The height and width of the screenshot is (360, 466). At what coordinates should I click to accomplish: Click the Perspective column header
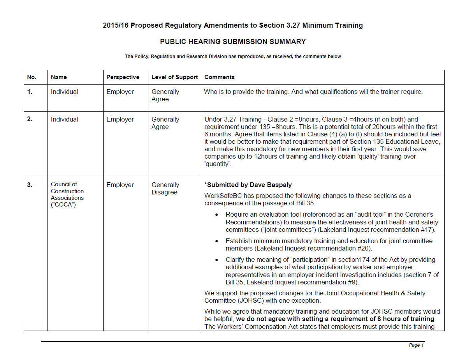click(123, 77)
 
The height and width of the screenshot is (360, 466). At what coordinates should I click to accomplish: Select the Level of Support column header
click(174, 77)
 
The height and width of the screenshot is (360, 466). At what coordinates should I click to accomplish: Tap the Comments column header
click(219, 77)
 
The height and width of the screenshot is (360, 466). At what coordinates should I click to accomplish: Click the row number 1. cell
click(30, 92)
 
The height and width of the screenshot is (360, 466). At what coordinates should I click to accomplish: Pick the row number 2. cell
click(30, 120)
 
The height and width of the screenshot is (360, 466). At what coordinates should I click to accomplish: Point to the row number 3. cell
click(30, 185)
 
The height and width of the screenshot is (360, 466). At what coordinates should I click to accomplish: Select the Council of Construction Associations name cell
click(67, 194)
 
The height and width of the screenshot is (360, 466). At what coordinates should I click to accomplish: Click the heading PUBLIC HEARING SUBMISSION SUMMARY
click(233, 42)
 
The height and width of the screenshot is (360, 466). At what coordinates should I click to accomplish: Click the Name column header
click(59, 77)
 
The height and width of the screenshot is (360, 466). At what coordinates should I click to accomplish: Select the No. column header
click(32, 77)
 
